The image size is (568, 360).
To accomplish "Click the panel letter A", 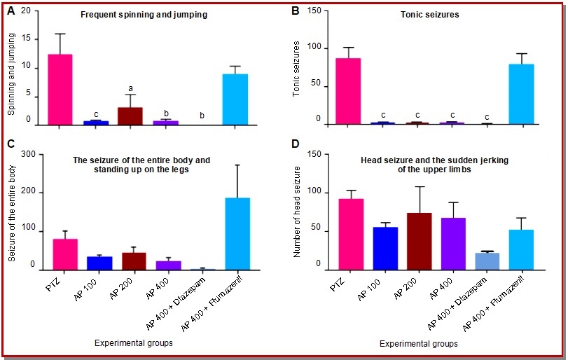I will click(x=12, y=11).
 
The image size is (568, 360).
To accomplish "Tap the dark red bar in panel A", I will click(x=129, y=116).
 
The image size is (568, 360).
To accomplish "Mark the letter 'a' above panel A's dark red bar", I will click(x=130, y=89).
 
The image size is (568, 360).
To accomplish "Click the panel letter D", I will click(x=295, y=145).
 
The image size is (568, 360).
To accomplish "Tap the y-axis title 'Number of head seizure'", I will click(x=297, y=209).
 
